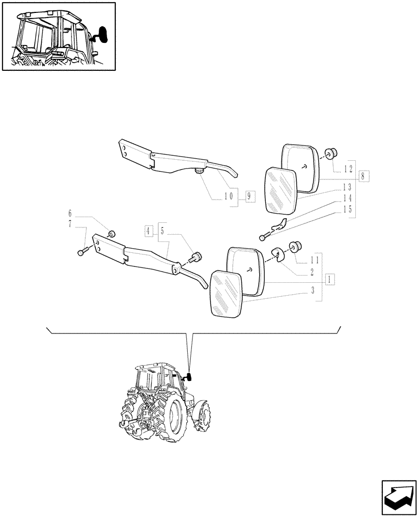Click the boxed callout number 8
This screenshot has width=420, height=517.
(363, 176)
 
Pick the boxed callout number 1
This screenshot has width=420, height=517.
(329, 279)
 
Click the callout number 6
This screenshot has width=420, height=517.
(70, 213)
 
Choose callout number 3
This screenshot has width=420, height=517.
(313, 292)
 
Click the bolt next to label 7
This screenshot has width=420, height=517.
(83, 252)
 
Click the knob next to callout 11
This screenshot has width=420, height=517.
(297, 246)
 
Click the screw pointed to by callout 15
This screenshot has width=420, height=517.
(264, 237)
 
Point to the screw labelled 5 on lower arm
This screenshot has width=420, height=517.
(197, 256)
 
